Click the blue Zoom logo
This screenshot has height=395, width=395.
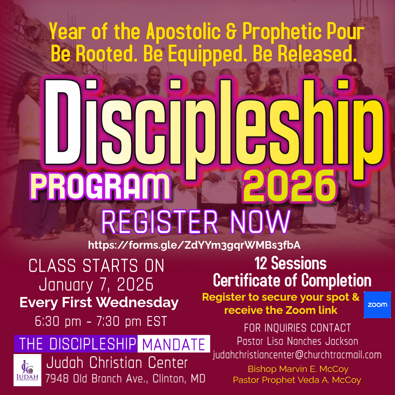point(377,305)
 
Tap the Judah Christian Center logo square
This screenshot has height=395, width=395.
point(27,370)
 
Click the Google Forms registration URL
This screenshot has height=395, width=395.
point(194,245)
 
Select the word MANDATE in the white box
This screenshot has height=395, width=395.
point(174,344)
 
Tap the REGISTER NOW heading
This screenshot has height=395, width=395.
point(196,222)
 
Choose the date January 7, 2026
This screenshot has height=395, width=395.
point(96,285)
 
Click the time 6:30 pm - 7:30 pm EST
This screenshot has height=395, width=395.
point(101,321)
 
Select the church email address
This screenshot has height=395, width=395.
point(297,355)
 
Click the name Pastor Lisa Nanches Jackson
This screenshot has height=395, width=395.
point(297,341)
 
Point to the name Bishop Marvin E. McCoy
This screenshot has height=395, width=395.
point(298,369)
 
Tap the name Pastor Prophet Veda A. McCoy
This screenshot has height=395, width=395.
point(297,380)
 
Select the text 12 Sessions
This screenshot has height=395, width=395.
point(290,263)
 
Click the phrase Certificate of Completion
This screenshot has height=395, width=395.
point(292,280)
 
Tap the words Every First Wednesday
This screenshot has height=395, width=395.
point(99,302)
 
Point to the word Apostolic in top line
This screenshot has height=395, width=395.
point(183,31)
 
